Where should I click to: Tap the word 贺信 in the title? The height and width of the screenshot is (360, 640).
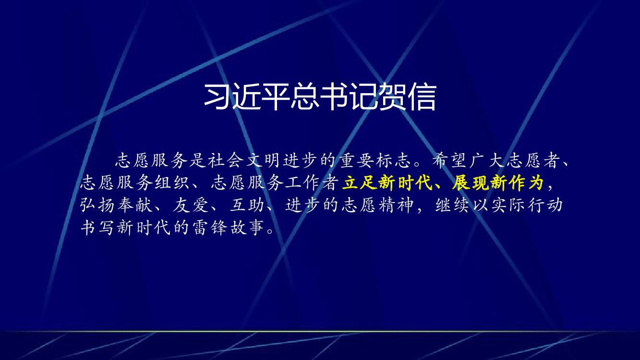tap(408, 96)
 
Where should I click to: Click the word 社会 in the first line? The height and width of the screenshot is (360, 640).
tap(226, 160)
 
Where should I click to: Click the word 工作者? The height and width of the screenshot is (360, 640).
tap(312, 182)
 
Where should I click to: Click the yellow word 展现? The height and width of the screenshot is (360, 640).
tap(470, 182)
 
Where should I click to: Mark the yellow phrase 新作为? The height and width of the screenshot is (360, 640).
tap(517, 182)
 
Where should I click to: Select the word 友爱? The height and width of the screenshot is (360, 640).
tap(191, 205)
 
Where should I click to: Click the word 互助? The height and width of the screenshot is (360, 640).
tap(247, 205)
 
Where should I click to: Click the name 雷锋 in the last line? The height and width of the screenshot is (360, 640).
tap(209, 228)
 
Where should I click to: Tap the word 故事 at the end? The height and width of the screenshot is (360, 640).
tap(247, 228)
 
